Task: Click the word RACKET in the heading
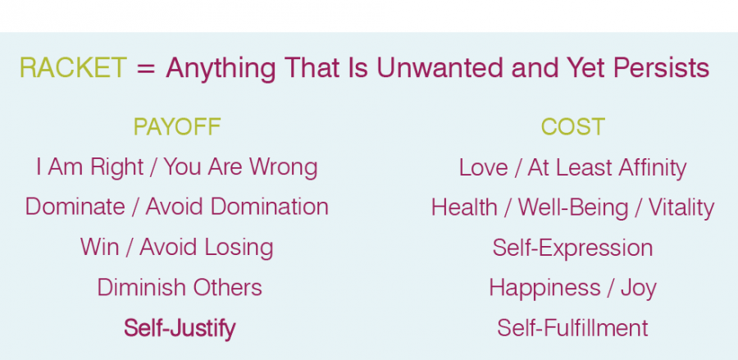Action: point(73,68)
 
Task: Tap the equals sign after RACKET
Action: point(146,69)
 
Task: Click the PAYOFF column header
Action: point(177,127)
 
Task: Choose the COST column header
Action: point(573,127)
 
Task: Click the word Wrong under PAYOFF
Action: point(284,167)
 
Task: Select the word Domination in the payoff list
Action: point(269,207)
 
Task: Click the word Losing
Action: point(239,248)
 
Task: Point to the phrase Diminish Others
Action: point(180,288)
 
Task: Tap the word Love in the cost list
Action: point(483,168)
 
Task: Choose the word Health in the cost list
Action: point(464,207)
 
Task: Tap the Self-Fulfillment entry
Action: point(572,328)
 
